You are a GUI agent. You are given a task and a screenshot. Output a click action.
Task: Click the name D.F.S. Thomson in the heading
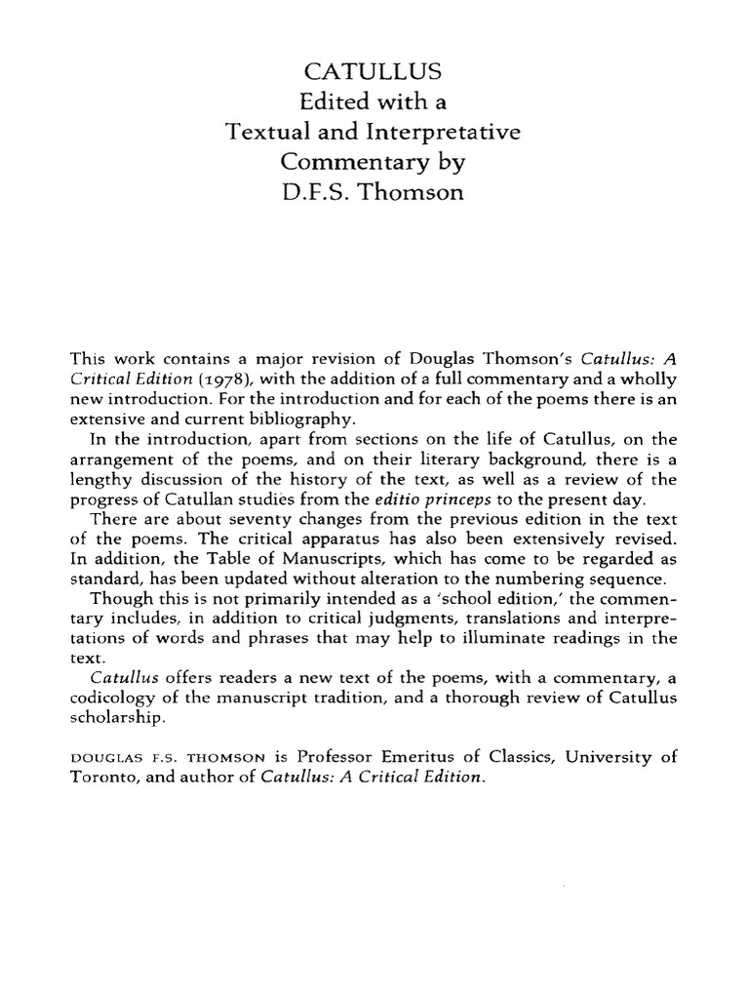tap(374, 192)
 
